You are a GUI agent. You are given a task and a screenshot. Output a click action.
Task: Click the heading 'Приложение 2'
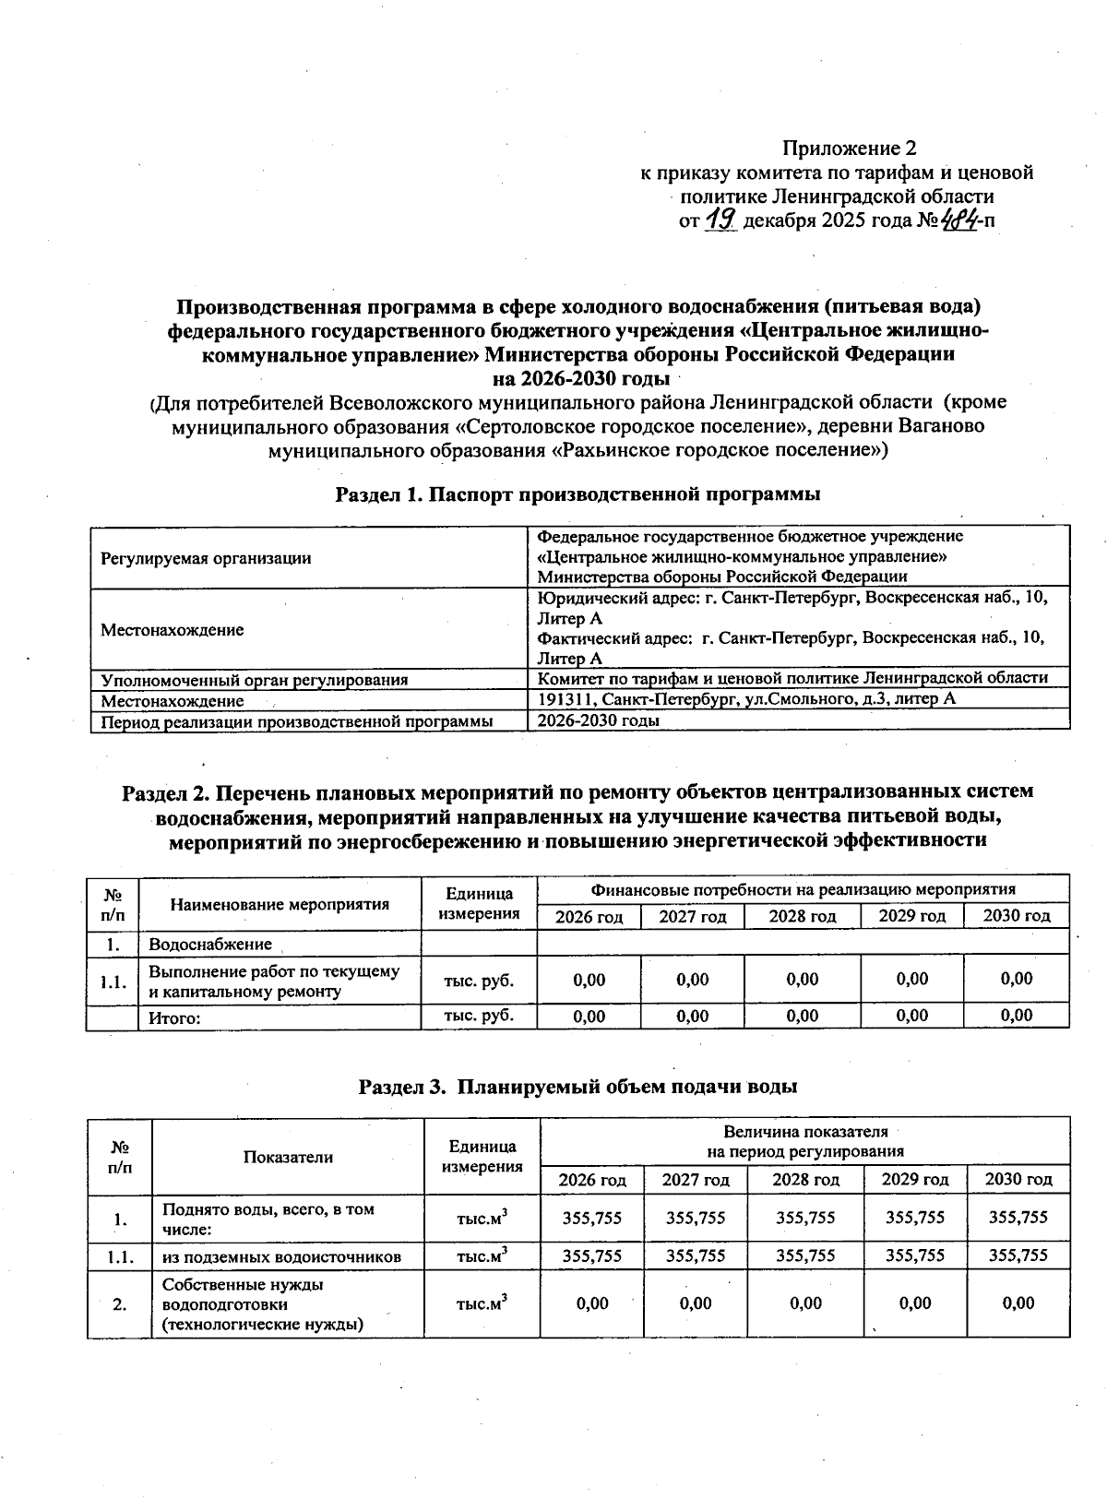tap(849, 148)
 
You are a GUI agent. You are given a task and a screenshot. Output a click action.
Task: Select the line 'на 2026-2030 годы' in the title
tap(581, 378)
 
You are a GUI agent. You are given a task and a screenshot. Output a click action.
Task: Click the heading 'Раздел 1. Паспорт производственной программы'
tap(577, 494)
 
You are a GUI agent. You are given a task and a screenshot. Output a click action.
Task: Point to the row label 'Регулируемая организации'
tap(206, 558)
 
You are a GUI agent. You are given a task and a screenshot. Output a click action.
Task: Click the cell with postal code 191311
tap(745, 699)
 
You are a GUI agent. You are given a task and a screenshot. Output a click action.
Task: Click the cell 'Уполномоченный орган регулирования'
tap(254, 680)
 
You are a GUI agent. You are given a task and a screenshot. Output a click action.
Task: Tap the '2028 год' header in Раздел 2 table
tap(802, 916)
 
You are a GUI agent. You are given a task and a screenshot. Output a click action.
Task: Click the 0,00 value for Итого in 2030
tap(1016, 1016)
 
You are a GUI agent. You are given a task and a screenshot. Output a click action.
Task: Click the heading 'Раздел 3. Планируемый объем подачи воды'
tap(577, 1087)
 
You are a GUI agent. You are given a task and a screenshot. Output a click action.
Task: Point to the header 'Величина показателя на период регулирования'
tap(804, 1141)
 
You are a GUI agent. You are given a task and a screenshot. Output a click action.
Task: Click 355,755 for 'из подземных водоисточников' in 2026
tap(591, 1255)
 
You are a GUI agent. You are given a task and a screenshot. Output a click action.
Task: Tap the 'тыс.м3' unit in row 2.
tap(482, 1303)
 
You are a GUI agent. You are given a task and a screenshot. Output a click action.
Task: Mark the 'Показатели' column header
tap(288, 1157)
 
